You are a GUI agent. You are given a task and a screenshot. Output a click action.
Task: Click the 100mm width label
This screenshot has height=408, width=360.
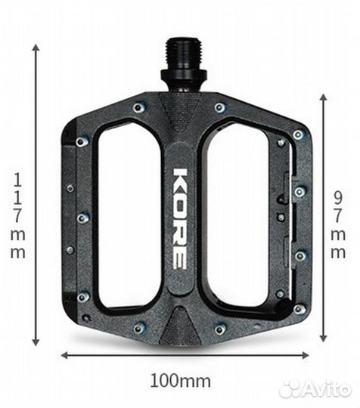(181, 382)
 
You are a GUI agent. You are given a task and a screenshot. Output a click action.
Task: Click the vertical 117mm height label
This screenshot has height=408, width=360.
(17, 216)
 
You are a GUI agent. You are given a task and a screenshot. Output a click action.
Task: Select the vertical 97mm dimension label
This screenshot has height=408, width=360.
(338, 224)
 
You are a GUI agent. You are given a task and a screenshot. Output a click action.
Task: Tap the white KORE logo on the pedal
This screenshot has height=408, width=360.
(180, 218)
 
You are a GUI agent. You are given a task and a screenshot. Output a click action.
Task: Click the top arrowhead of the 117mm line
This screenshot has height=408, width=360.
(36, 48)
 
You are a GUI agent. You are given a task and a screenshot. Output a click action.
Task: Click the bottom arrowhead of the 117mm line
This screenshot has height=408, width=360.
(36, 342)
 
